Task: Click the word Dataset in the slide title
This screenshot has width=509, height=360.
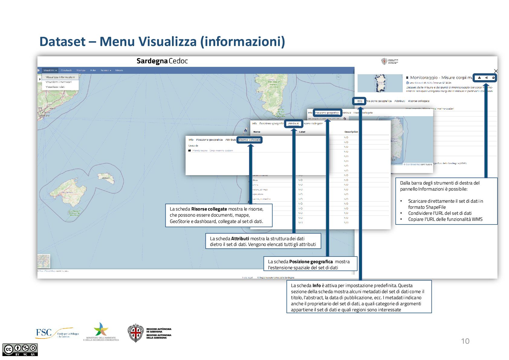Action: click(62, 41)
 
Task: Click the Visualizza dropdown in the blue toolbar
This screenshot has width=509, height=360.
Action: click(50, 70)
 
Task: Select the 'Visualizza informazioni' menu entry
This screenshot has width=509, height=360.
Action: click(60, 77)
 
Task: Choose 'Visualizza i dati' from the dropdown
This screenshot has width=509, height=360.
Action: click(55, 87)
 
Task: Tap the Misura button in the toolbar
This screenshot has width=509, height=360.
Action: click(119, 70)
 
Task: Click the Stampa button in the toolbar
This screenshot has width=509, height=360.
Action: click(81, 70)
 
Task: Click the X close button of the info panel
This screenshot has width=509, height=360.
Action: click(496, 71)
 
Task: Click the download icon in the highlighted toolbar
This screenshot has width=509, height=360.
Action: click(479, 78)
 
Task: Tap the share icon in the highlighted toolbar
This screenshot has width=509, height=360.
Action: click(486, 78)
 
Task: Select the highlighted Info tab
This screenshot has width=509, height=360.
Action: click(360, 101)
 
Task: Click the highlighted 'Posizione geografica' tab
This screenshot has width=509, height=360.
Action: click(327, 113)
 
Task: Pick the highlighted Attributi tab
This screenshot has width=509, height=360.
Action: click(293, 123)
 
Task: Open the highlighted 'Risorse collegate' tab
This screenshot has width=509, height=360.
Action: click(249, 140)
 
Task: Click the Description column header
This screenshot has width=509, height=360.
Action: click(351, 132)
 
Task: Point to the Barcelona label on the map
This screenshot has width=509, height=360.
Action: click(44, 116)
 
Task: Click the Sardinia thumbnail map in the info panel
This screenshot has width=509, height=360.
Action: click(380, 83)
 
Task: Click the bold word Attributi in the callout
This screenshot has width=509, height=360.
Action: click(240, 239)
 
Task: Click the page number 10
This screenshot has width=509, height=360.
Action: click(465, 341)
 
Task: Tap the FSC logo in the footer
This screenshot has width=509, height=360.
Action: click(44, 333)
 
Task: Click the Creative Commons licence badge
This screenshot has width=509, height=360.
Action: click(20, 350)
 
